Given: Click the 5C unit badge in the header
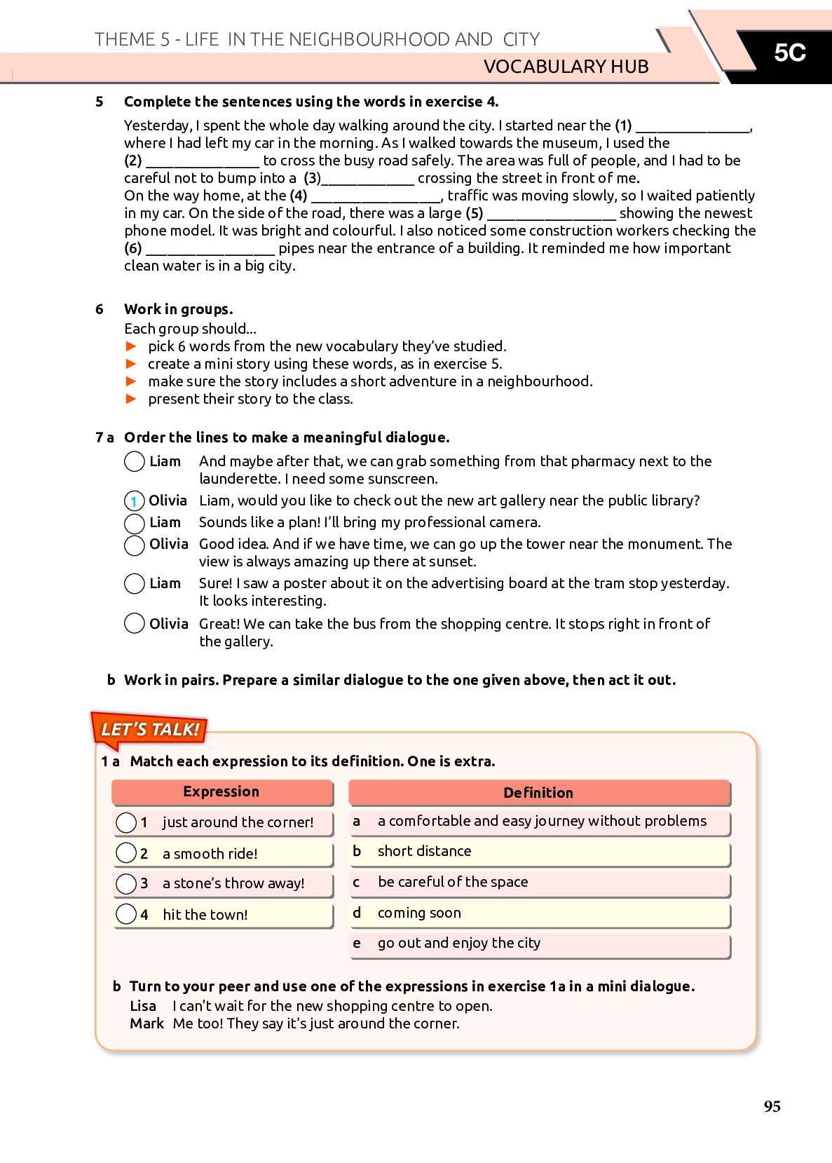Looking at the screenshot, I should point(789,53).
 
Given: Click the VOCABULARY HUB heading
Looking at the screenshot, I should point(566,67).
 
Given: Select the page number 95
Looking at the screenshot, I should point(772,1106).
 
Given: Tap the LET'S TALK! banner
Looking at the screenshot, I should point(150,730).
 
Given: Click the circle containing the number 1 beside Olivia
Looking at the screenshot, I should point(134,501).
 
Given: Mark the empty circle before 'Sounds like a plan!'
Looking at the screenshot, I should point(134,524).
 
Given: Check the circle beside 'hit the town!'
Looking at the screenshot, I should point(126,914).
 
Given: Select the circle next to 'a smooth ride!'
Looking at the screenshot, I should point(126,853).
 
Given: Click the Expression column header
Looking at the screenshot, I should point(221,792).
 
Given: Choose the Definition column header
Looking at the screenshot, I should point(538,793).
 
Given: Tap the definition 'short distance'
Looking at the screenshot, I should point(424,851).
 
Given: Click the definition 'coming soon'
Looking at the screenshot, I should point(419,913).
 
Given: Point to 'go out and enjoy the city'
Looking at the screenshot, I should point(459,943).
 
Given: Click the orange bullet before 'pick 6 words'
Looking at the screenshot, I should point(131,346).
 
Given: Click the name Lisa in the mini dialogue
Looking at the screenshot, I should point(143,1006).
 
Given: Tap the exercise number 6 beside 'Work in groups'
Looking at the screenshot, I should point(100,309).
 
